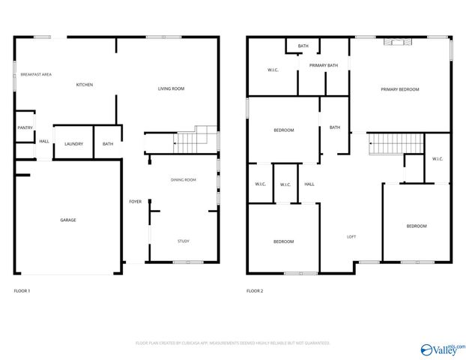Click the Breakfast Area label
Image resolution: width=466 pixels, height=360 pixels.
point(36,75)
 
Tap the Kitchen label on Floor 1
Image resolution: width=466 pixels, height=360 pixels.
point(85,85)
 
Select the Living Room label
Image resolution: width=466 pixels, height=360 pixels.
point(171,88)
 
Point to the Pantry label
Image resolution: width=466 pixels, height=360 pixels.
point(24,128)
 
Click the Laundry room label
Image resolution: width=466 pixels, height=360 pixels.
point(73,144)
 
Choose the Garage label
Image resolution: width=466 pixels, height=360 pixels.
point(68,220)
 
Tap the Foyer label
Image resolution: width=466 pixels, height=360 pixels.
point(135,201)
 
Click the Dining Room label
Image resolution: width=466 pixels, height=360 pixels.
point(184,180)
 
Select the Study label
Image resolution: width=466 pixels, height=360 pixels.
point(184,241)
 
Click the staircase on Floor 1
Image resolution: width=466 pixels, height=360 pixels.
point(191,139)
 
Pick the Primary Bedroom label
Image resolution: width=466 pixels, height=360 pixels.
point(399,89)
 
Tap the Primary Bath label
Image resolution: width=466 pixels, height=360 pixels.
point(324,66)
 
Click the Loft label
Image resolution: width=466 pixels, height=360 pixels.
point(351,237)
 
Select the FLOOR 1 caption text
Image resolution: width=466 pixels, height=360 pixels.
point(23,291)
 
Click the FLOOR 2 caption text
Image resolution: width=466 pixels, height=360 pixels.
point(255,291)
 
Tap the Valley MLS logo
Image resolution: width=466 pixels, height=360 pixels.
point(443,349)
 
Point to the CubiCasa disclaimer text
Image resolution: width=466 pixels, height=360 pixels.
point(233,343)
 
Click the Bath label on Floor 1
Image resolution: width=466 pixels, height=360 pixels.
point(108,144)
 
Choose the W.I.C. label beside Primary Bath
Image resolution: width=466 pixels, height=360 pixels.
point(273,70)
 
